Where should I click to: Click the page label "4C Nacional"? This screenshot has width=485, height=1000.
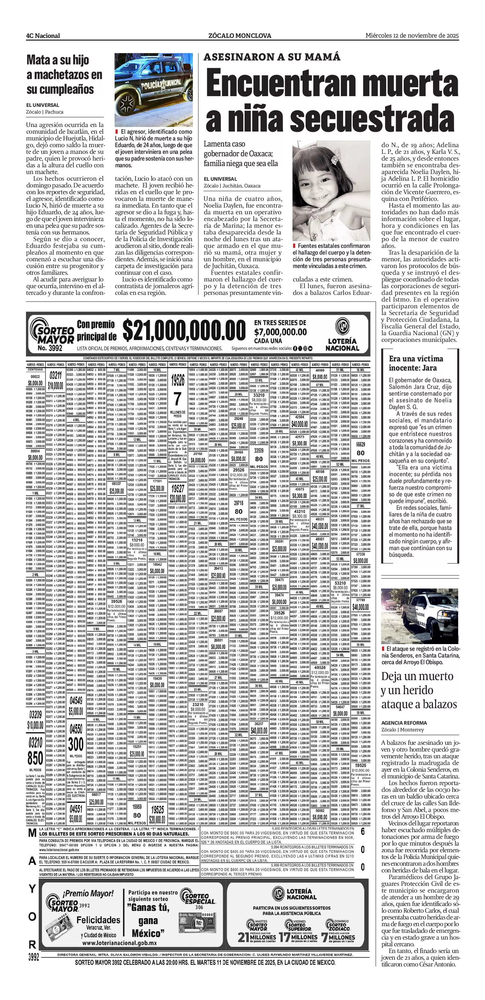pos(43,36)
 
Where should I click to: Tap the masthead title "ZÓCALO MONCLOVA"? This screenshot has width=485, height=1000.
pos(240,36)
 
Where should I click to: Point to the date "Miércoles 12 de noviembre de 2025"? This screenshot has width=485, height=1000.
pos(412,35)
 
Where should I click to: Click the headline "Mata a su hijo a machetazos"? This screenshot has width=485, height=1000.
pos(64,74)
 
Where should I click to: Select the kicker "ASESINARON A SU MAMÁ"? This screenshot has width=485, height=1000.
pos(272,57)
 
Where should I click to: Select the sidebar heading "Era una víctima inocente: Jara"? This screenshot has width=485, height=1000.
pos(416,363)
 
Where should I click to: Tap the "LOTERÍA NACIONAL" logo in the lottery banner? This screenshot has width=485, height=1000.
pos(342,334)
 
